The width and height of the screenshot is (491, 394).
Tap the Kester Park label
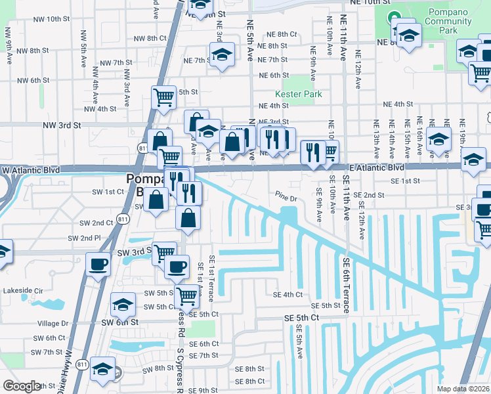[299, 94]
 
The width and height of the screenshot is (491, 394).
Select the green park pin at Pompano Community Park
[394, 17]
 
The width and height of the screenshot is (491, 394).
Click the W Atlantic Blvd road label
[31, 169]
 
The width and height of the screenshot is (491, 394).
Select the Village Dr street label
[53, 323]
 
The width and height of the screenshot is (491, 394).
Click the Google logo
[22, 386]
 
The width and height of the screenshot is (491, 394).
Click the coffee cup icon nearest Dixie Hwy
[98, 264]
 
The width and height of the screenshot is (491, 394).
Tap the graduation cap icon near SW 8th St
[102, 368]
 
